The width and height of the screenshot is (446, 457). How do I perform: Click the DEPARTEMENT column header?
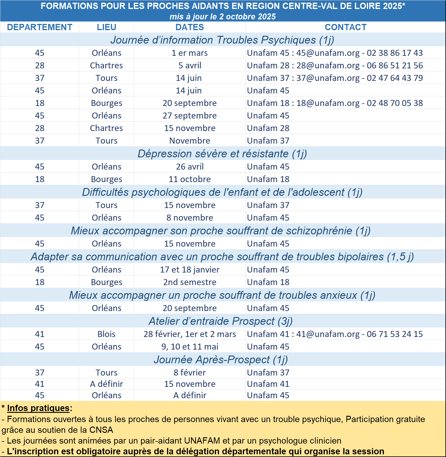pyautogui.click(x=39, y=27)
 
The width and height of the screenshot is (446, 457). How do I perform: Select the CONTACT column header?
pyautogui.click(x=345, y=27)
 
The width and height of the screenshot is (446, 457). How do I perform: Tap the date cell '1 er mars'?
pyautogui.click(x=189, y=53)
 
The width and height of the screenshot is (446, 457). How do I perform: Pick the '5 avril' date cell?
pyautogui.click(x=190, y=65)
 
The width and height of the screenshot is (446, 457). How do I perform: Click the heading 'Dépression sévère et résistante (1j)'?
pyautogui.click(x=222, y=153)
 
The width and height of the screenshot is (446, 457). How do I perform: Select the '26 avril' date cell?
pyautogui.click(x=190, y=167)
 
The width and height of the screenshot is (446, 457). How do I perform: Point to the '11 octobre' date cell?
pyautogui.click(x=190, y=179)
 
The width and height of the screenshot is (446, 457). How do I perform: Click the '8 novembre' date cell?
pyautogui.click(x=190, y=218)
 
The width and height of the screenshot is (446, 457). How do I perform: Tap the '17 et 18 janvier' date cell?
pyautogui.click(x=190, y=270)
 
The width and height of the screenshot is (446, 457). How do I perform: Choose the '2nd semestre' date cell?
pyautogui.click(x=190, y=282)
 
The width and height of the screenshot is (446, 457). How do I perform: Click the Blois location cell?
pyautogui.click(x=106, y=334)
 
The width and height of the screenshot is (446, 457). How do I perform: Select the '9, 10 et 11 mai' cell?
pyautogui.click(x=190, y=347)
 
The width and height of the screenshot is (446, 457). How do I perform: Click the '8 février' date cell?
pyautogui.click(x=190, y=373)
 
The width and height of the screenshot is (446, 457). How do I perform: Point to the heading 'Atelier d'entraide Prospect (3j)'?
pyautogui.click(x=221, y=321)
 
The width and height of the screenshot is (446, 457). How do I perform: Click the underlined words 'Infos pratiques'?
pyautogui.click(x=38, y=408)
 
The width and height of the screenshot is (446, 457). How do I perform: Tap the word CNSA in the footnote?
pyautogui.click(x=101, y=430)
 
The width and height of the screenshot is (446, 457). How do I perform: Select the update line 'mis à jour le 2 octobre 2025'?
pyautogui.click(x=223, y=17)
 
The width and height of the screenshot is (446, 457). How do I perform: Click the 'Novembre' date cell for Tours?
pyautogui.click(x=190, y=141)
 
